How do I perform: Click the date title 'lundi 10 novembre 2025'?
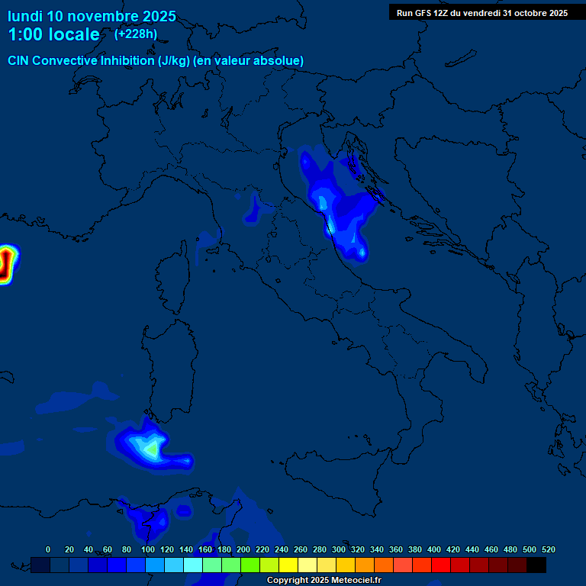[92, 16]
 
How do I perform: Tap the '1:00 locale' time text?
[53, 34]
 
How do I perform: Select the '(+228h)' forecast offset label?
[136, 34]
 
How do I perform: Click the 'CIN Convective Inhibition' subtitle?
[156, 60]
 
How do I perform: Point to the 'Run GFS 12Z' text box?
[481, 12]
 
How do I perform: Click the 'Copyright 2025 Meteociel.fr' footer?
[324, 581]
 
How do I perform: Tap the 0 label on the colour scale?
[48, 549]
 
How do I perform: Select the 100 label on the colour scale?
[148, 549]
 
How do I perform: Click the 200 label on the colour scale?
[243, 549]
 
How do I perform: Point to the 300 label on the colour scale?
[339, 549]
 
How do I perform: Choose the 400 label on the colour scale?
[434, 549]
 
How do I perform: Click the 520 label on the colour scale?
[548, 549]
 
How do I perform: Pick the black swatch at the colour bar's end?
[536, 565]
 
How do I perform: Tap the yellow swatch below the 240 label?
[288, 565]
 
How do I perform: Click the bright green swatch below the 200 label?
[250, 565]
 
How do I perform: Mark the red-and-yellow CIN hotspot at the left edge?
[6, 263]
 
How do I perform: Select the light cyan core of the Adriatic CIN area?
[324, 202]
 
